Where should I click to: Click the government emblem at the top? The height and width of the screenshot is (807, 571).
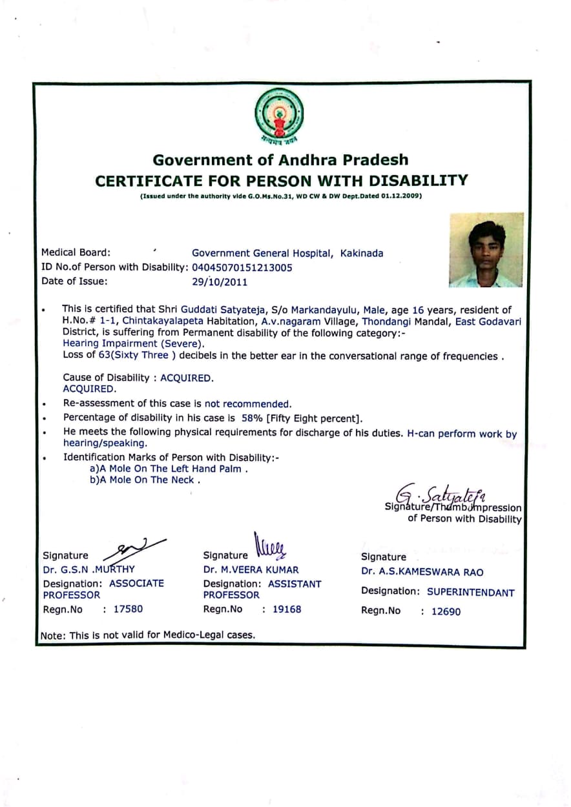[279, 117]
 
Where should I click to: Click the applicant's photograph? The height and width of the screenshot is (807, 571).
[486, 250]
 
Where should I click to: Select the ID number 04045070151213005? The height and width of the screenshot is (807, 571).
[242, 267]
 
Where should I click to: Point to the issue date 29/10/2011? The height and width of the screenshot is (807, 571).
[220, 281]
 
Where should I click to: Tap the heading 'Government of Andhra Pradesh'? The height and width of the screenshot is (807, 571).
[280, 160]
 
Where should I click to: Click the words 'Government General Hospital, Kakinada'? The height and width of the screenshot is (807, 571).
[287, 253]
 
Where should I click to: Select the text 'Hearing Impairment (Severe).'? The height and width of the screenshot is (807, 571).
[133, 343]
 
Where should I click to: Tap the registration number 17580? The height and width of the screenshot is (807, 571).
[127, 609]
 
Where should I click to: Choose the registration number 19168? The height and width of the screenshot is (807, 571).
[286, 609]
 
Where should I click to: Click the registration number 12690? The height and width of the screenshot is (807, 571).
[446, 611]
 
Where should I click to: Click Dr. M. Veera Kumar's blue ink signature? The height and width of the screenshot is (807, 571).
[271, 546]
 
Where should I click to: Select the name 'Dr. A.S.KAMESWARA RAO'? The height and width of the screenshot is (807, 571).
[422, 572]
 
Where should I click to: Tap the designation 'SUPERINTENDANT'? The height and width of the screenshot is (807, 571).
[470, 592]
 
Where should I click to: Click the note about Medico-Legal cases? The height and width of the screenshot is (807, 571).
[148, 635]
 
